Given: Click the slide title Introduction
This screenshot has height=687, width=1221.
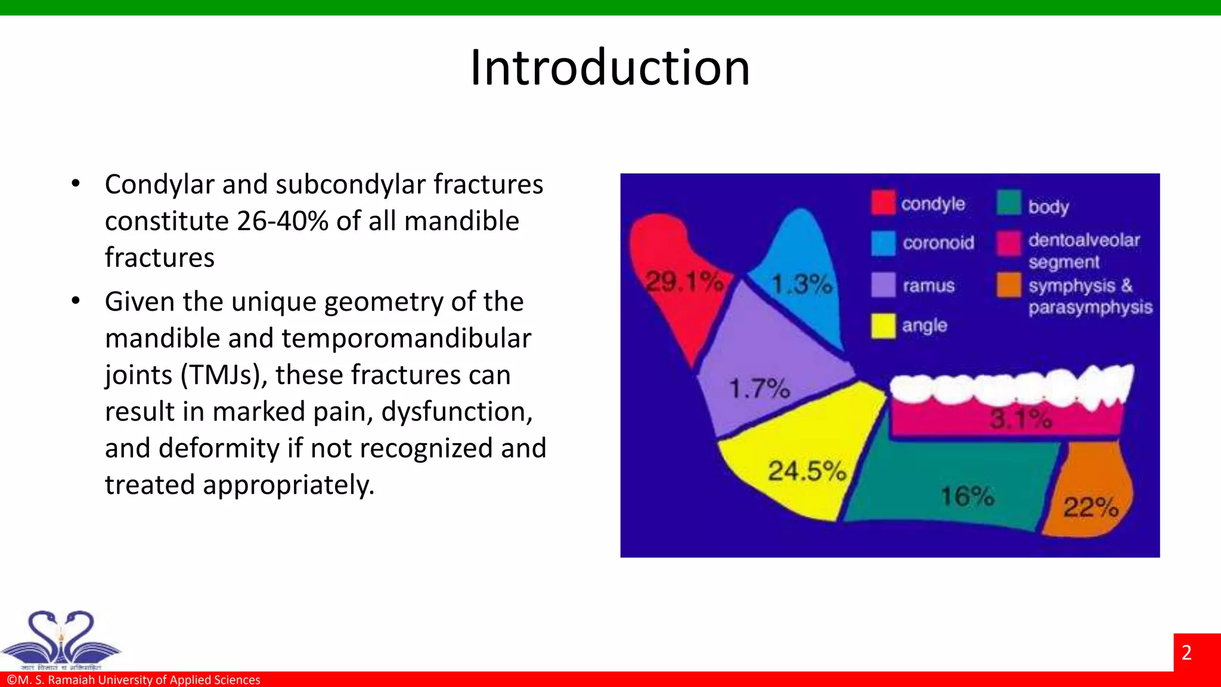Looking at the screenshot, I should (610, 67).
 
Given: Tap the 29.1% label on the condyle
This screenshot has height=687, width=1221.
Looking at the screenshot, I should (684, 281).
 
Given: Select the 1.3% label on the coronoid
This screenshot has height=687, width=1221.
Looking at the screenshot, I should (801, 284).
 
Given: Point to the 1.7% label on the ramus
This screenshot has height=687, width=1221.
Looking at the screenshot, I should (760, 389).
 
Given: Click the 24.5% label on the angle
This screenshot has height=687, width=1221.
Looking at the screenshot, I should (806, 471).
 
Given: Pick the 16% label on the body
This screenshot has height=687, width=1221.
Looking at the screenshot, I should (967, 496).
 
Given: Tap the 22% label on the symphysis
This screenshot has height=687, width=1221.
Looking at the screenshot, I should (1090, 507).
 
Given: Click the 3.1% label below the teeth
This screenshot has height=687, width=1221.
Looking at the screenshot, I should (1020, 419).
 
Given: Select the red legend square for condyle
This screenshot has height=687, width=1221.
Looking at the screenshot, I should (883, 203).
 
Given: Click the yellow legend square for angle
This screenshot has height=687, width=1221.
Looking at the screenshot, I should (883, 326).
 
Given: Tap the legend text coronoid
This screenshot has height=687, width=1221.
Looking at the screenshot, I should (938, 243).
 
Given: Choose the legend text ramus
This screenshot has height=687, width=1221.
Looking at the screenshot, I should (928, 286).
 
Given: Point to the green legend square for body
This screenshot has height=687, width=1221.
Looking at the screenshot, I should (1009, 203).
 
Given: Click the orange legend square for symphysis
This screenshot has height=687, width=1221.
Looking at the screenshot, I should (1009, 285).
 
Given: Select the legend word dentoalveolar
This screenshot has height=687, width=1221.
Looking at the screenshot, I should (1083, 240).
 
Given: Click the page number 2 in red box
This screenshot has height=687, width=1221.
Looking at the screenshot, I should (1186, 652).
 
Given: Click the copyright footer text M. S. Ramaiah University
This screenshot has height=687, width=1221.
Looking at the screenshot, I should (134, 680).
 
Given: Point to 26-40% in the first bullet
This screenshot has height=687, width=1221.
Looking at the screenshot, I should (283, 221).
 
